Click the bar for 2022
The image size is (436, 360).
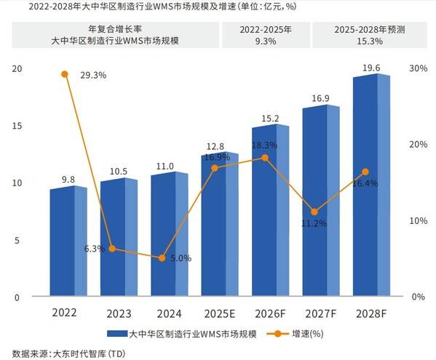point(68,242)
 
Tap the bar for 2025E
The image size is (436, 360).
point(220,225)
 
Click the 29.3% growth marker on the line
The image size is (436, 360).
point(65,74)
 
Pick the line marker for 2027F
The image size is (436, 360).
point(314,212)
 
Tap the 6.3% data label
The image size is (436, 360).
point(95,249)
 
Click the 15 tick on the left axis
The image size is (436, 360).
point(17,126)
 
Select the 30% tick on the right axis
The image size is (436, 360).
point(418,68)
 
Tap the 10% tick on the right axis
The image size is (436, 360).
point(418,220)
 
